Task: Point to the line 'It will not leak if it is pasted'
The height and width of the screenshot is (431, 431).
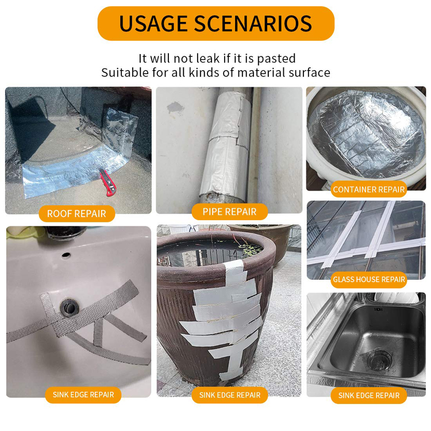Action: [x=217, y=59]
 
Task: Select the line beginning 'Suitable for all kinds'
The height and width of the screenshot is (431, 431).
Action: [x=215, y=73]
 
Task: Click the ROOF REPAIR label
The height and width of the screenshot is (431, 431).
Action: [x=76, y=214]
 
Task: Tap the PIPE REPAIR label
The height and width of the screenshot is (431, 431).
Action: [x=229, y=211]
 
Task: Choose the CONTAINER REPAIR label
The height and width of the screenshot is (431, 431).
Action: [x=369, y=189]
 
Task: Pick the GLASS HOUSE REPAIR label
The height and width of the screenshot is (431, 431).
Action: [x=369, y=280]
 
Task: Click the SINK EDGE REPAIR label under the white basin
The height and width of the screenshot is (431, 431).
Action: [x=83, y=395]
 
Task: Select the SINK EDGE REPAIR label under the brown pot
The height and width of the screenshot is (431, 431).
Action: [x=230, y=395]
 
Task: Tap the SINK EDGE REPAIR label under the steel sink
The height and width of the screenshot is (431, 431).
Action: [x=369, y=395]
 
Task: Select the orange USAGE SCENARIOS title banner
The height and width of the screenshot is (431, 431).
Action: [x=215, y=24]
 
